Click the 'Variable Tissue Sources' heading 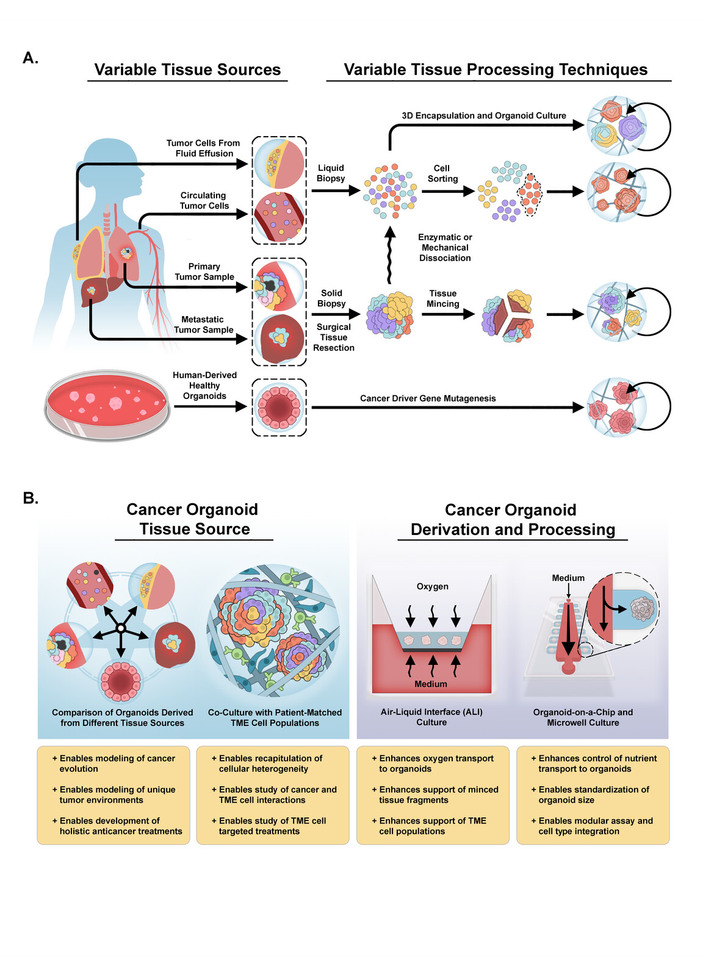point(187,70)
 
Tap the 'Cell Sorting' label point(442,173)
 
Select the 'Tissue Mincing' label point(442,298)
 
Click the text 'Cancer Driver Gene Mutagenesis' point(428,398)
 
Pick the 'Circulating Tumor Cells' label point(204,201)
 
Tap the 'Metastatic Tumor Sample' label point(203,325)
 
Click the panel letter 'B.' point(31,498)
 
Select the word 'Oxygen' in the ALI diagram point(432,586)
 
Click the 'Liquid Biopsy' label point(331,173)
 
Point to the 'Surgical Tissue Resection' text point(333,337)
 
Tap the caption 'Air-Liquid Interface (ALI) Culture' point(431,717)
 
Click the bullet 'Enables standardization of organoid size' point(593,794)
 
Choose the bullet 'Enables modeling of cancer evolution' point(116,763)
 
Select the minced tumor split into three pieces point(508,315)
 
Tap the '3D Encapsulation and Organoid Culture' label point(483,115)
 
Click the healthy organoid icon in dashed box point(279,407)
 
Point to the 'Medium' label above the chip point(568,578)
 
